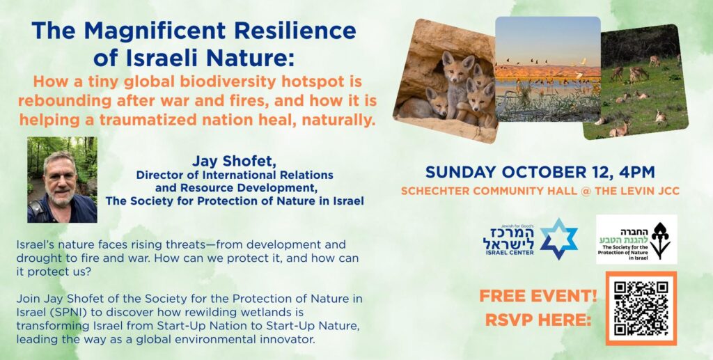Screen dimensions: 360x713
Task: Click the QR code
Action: (x=641, y=308)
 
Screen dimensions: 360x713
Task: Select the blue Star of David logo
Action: (x=558, y=239)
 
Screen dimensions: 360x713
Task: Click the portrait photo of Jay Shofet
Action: (x=62, y=179)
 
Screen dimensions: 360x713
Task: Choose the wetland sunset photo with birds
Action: (x=547, y=70)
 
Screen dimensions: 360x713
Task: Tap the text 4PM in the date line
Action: (x=636, y=172)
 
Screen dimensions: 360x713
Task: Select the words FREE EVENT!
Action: (x=538, y=295)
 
